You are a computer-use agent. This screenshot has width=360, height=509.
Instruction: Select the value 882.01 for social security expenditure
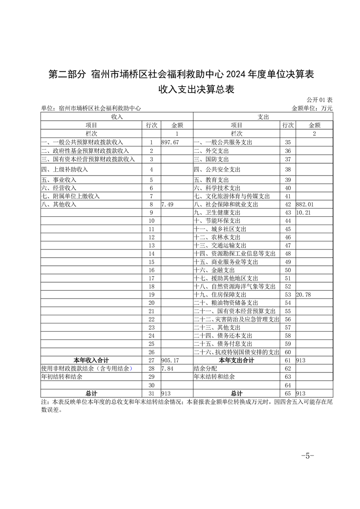304,205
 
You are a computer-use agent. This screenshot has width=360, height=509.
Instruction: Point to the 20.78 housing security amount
303,295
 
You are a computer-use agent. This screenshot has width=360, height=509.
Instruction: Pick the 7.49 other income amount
168,205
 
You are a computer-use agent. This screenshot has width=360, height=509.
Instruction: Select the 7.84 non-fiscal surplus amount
168,368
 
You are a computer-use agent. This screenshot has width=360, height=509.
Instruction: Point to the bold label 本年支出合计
237,360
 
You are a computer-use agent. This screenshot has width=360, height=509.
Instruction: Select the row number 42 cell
287,205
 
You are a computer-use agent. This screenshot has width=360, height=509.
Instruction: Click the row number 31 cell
152,393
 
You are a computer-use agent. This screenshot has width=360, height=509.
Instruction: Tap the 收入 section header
117,117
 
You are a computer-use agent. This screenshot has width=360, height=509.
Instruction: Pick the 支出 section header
263,117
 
